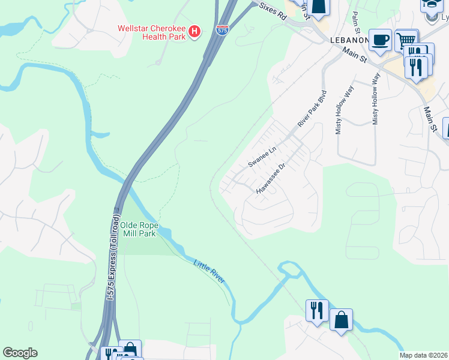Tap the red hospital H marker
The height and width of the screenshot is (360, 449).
click(194, 32)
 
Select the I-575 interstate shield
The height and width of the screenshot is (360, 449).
click(222, 29)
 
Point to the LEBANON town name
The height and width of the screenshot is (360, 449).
click(349, 40)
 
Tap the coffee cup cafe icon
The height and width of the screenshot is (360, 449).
click(380, 40)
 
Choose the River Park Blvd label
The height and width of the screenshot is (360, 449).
click(312, 109)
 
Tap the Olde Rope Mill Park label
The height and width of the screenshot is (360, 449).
click(139, 229)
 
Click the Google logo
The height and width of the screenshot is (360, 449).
click(20, 353)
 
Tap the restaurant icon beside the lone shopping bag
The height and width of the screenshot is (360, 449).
click(317, 311)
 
